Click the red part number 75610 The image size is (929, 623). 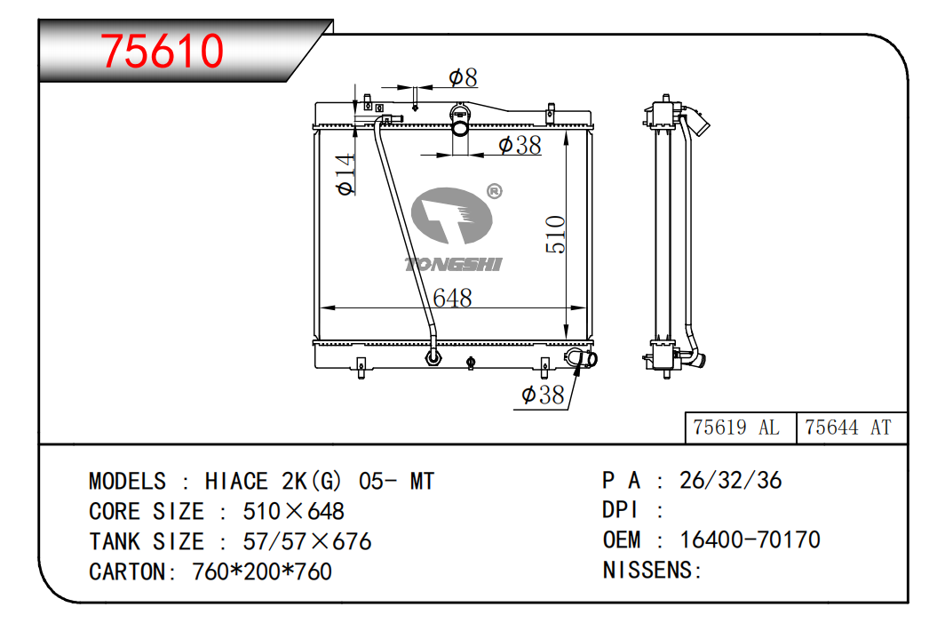(162, 51)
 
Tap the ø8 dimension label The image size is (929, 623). (463, 77)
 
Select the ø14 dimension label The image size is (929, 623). (345, 174)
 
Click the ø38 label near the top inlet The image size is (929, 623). (520, 145)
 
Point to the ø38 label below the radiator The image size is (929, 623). (543, 395)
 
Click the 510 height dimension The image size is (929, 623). (556, 235)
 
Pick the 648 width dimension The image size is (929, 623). (452, 298)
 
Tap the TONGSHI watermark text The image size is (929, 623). (453, 264)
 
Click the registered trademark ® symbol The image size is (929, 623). (494, 191)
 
